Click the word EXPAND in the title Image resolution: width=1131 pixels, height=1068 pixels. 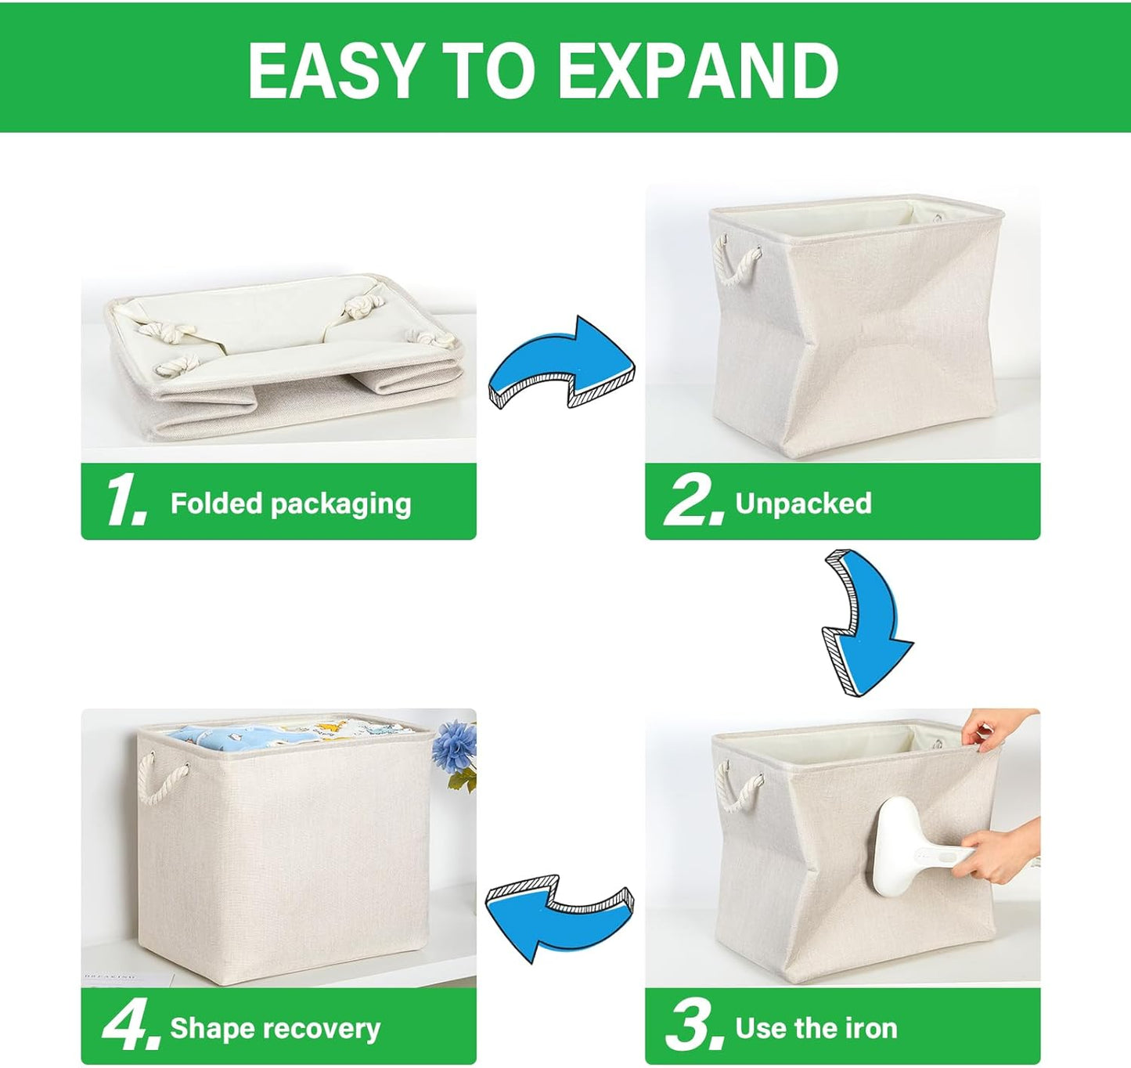[x=699, y=71]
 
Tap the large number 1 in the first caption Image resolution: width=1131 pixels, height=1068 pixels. [x=125, y=501]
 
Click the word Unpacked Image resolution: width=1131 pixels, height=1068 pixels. [x=803, y=503]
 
